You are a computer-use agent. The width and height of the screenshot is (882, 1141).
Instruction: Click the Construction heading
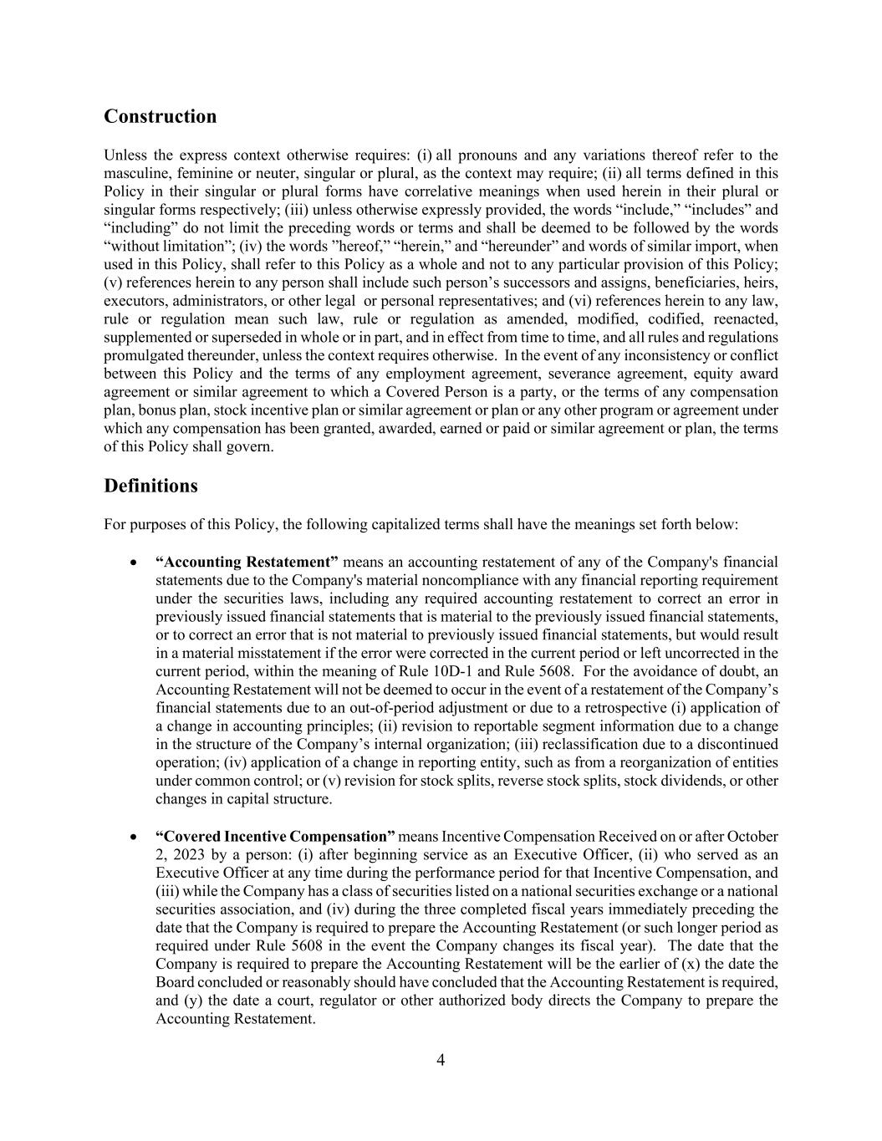pyautogui.click(x=160, y=116)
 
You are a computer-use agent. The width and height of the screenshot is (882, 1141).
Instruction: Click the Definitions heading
pyautogui.click(x=150, y=486)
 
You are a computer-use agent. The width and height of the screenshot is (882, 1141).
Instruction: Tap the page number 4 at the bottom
pyautogui.click(x=441, y=1061)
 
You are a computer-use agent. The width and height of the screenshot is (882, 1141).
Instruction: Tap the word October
pyautogui.click(x=752, y=837)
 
